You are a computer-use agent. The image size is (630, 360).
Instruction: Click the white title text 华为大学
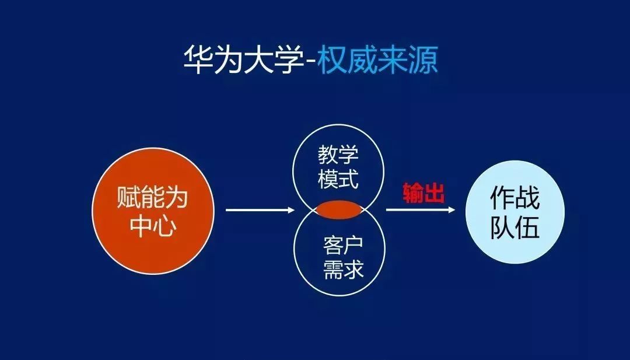244,60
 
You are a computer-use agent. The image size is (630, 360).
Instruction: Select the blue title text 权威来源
377,60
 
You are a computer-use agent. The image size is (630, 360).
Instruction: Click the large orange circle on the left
153,211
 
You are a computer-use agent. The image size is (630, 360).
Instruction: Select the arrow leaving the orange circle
260,209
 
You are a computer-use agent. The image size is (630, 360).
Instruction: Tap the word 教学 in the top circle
338,154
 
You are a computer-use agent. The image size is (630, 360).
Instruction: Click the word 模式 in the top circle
338,179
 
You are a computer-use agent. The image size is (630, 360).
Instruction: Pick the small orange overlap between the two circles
339,209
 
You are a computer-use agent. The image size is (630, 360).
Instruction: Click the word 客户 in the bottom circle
343,245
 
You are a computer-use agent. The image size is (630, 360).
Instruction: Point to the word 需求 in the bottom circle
343,269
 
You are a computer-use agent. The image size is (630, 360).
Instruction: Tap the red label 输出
423,193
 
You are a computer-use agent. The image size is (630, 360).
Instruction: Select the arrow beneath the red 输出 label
421,209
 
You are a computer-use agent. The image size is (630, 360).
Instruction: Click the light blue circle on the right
515,212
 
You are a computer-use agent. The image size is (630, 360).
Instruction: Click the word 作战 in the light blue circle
514,197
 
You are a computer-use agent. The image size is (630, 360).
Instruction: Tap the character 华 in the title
198,60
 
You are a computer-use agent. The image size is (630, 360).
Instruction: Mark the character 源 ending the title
423,60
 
